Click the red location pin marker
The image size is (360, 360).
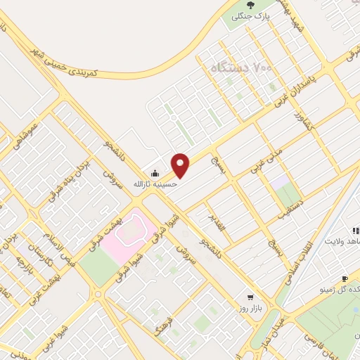point(181,165)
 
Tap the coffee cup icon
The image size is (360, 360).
point(344,278)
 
